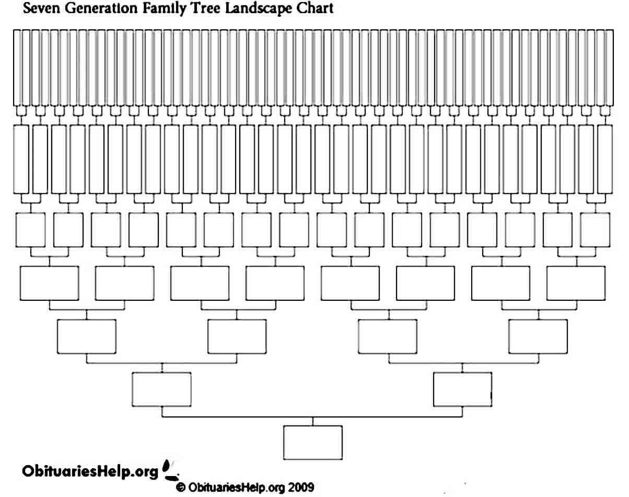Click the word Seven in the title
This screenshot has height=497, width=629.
41,8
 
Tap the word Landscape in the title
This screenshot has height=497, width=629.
258,8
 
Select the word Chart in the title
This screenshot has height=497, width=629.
315,8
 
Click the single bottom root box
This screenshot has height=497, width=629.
313,442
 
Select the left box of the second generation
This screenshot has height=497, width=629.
161,389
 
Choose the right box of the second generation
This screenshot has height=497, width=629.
462,389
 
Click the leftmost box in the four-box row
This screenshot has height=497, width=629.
87,336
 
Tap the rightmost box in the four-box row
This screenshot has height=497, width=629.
538,336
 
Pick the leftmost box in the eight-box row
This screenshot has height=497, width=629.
50,283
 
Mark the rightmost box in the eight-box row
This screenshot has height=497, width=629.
576,283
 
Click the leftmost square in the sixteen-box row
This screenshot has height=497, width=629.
31,230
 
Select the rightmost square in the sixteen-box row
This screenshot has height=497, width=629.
595,230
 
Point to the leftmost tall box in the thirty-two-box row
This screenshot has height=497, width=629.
21,159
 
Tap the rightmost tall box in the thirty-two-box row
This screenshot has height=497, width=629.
605,159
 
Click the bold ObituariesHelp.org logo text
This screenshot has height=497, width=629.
90,471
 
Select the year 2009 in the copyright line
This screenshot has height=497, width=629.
301,488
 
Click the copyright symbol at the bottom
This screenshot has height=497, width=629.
181,488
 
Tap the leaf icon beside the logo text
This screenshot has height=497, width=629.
170,470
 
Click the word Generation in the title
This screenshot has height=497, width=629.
101,8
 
